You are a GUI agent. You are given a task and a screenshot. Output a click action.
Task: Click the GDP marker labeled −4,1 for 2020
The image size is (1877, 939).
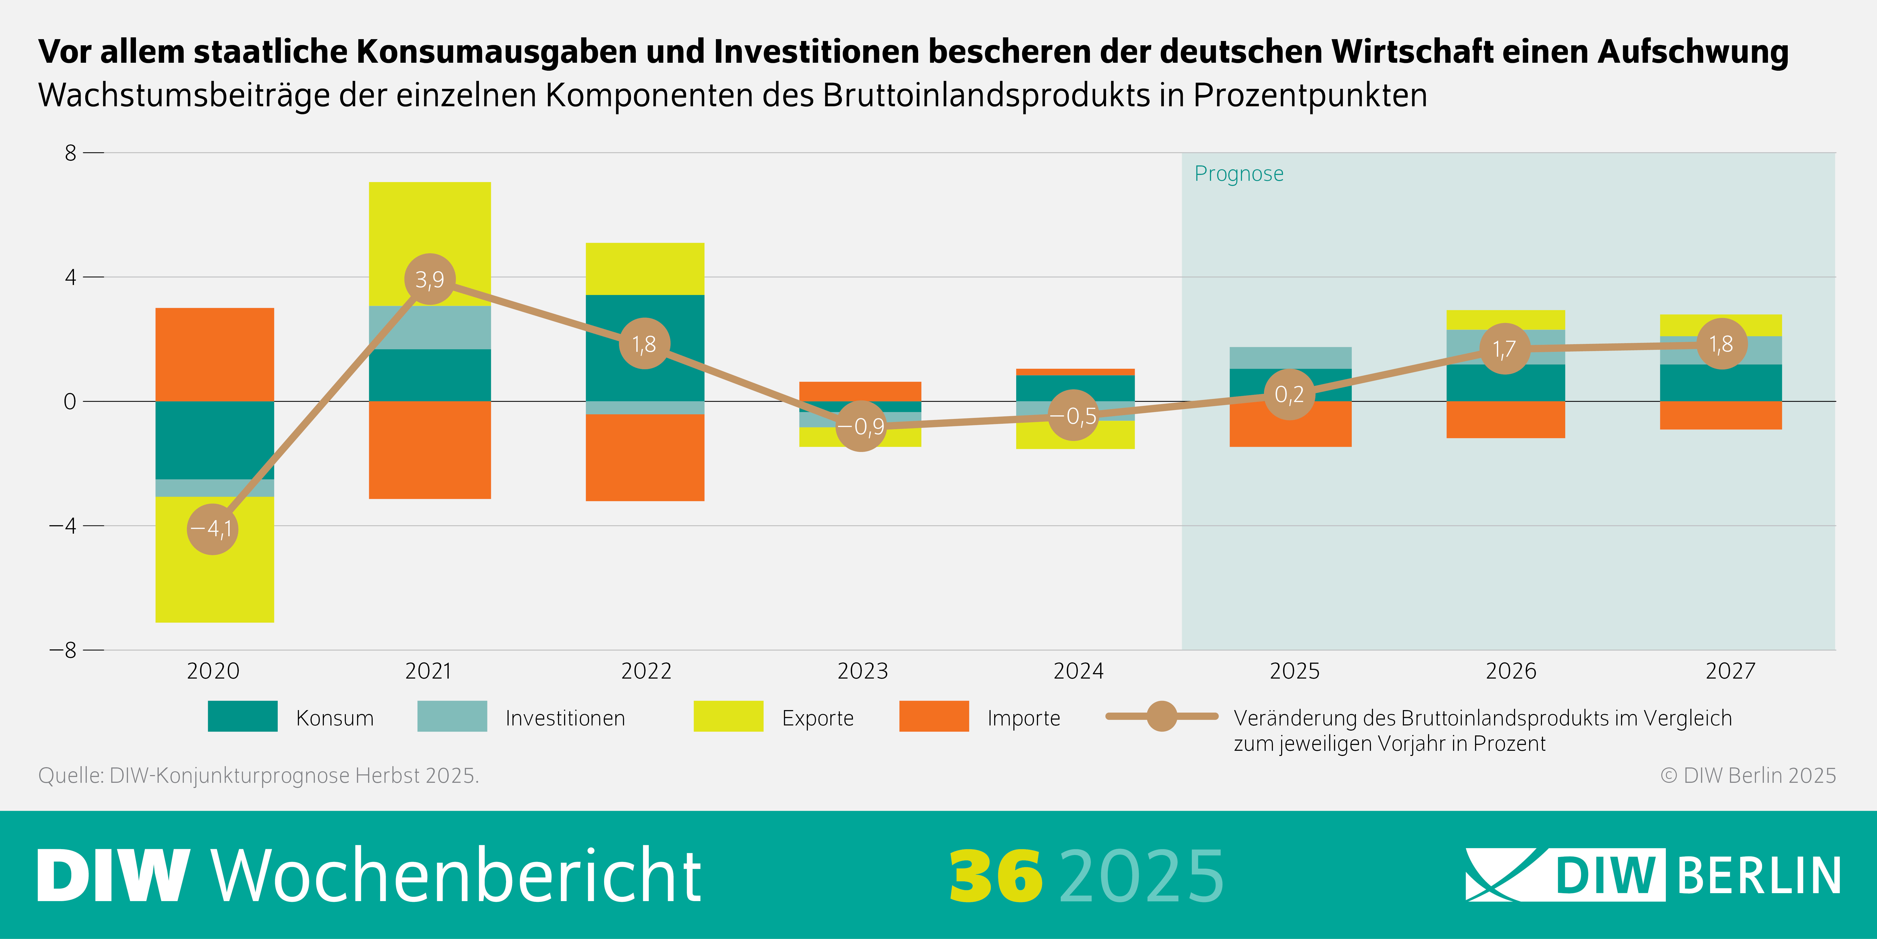click(x=212, y=529)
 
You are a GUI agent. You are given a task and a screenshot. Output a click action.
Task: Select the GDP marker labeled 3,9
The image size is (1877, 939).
click(x=430, y=279)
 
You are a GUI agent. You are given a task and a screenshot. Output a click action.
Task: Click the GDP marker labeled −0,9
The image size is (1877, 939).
click(x=861, y=426)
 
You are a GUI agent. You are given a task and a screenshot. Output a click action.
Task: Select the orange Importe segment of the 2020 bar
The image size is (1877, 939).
click(x=215, y=354)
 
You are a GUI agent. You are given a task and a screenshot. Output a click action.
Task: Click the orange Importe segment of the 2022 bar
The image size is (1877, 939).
click(x=645, y=457)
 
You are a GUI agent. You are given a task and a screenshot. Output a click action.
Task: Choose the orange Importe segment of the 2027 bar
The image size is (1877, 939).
click(x=1721, y=416)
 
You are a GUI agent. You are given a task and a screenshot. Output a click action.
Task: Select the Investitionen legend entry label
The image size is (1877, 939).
click(x=565, y=718)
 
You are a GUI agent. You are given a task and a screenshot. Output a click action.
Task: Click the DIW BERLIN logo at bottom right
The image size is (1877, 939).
click(x=1653, y=875)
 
